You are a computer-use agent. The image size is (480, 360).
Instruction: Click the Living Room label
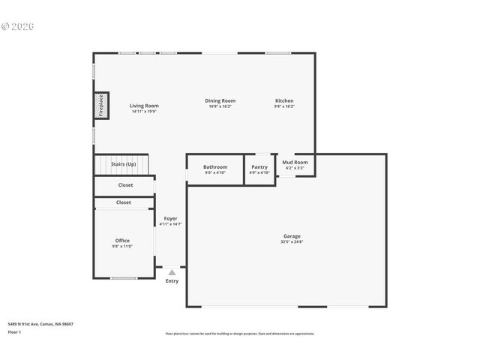click(x=144, y=106)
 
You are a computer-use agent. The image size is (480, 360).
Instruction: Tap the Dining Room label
click(x=220, y=100)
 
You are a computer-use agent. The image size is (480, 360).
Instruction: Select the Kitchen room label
click(x=284, y=100)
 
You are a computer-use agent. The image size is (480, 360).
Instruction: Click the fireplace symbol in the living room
click(x=101, y=106)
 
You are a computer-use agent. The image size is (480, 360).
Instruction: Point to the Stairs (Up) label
click(x=124, y=163)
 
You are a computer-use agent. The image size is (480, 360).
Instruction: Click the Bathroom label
click(x=215, y=167)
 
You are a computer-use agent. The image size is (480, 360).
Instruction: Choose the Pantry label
click(x=259, y=167)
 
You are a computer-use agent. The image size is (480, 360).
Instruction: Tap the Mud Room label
click(x=295, y=162)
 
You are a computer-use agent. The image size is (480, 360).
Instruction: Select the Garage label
click(x=292, y=236)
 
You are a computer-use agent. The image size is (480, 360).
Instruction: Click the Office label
click(x=122, y=241)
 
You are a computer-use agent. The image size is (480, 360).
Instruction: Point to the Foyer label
click(x=171, y=218)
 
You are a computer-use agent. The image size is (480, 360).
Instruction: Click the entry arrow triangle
click(x=172, y=272)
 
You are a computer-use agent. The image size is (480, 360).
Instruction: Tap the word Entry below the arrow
click(x=172, y=281)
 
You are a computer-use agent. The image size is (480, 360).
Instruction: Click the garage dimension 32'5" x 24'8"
click(x=292, y=241)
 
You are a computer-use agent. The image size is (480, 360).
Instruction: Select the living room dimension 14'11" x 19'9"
click(x=144, y=112)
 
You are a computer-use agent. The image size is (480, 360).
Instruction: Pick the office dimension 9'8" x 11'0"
click(x=122, y=247)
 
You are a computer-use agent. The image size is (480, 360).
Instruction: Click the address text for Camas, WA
click(x=40, y=324)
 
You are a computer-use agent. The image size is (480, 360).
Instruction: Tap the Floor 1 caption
click(x=15, y=331)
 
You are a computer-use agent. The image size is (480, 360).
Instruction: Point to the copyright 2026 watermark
click(x=18, y=26)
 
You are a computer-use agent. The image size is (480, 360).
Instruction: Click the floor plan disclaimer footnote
click(x=240, y=334)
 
